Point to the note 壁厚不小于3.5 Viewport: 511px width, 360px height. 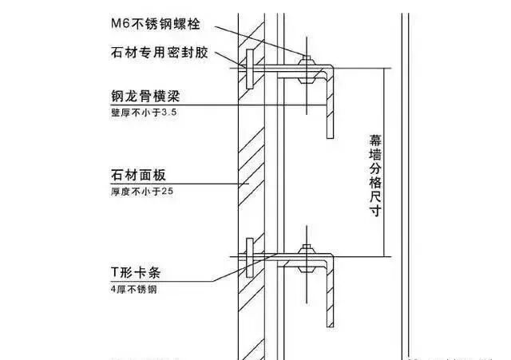pos(143,114)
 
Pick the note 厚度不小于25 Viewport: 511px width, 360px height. pos(141,192)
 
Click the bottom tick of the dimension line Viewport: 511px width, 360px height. pos(386,256)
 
